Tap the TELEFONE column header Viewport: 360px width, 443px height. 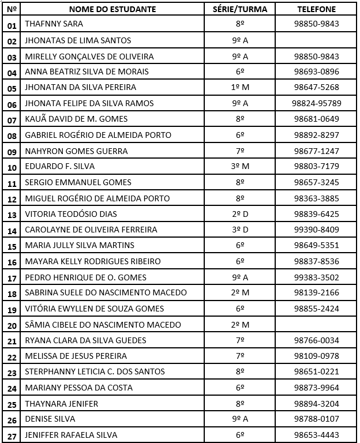pos(316,9)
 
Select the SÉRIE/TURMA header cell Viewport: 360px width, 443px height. pos(241,9)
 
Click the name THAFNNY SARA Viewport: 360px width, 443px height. pos(54,24)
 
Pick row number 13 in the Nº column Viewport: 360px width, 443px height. pos(12,215)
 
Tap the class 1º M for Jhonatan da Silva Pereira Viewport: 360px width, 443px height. pos(240,88)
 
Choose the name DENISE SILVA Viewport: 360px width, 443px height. pos(50,419)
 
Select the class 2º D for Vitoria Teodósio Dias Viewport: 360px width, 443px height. pos(240,214)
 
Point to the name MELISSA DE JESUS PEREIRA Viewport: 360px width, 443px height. pos(76,356)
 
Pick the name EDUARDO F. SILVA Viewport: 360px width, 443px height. pos(60,166)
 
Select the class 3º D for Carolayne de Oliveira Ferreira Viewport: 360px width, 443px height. pos(240,230)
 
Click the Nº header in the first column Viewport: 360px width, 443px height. pos(12,9)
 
